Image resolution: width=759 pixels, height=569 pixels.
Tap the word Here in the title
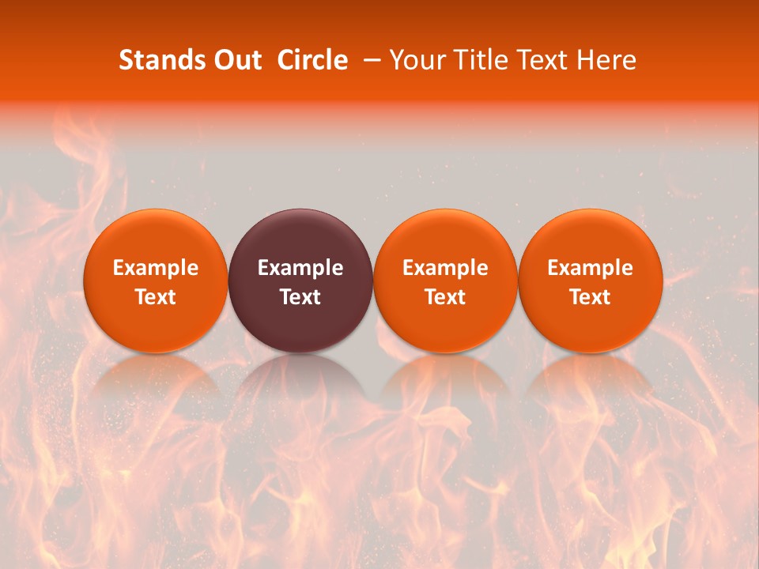tap(606, 60)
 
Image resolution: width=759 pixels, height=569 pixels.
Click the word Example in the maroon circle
tap(300, 268)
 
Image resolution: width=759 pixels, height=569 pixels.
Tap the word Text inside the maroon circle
tap(300, 297)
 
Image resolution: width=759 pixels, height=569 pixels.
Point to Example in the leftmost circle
tap(156, 268)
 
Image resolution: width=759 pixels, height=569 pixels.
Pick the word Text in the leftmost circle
tap(156, 297)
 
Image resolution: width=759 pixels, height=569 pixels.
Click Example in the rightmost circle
tap(591, 268)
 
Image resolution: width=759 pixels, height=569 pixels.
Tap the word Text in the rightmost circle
tap(591, 297)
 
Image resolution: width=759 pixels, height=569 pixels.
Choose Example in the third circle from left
tap(445, 268)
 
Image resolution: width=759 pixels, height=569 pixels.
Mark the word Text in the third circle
tap(445, 297)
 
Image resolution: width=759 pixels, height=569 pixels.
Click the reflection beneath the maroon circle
tap(300, 383)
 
